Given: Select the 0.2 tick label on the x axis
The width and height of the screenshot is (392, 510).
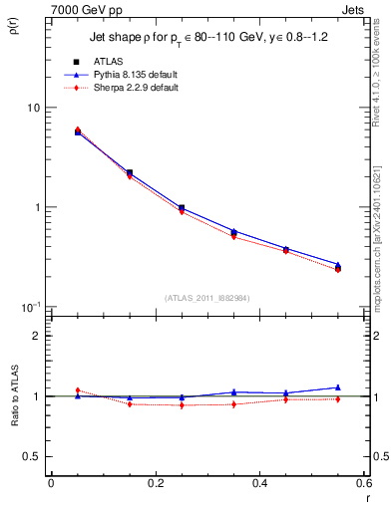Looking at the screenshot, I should click(x=155, y=483).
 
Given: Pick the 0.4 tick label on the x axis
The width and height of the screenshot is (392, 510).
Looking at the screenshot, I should click(x=259, y=483).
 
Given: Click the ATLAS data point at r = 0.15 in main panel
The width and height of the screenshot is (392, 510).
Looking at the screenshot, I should click(x=130, y=172).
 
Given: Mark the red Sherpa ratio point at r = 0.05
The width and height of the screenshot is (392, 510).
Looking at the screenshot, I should click(x=78, y=389).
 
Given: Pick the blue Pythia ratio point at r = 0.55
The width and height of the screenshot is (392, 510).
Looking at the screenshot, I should click(x=337, y=387).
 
